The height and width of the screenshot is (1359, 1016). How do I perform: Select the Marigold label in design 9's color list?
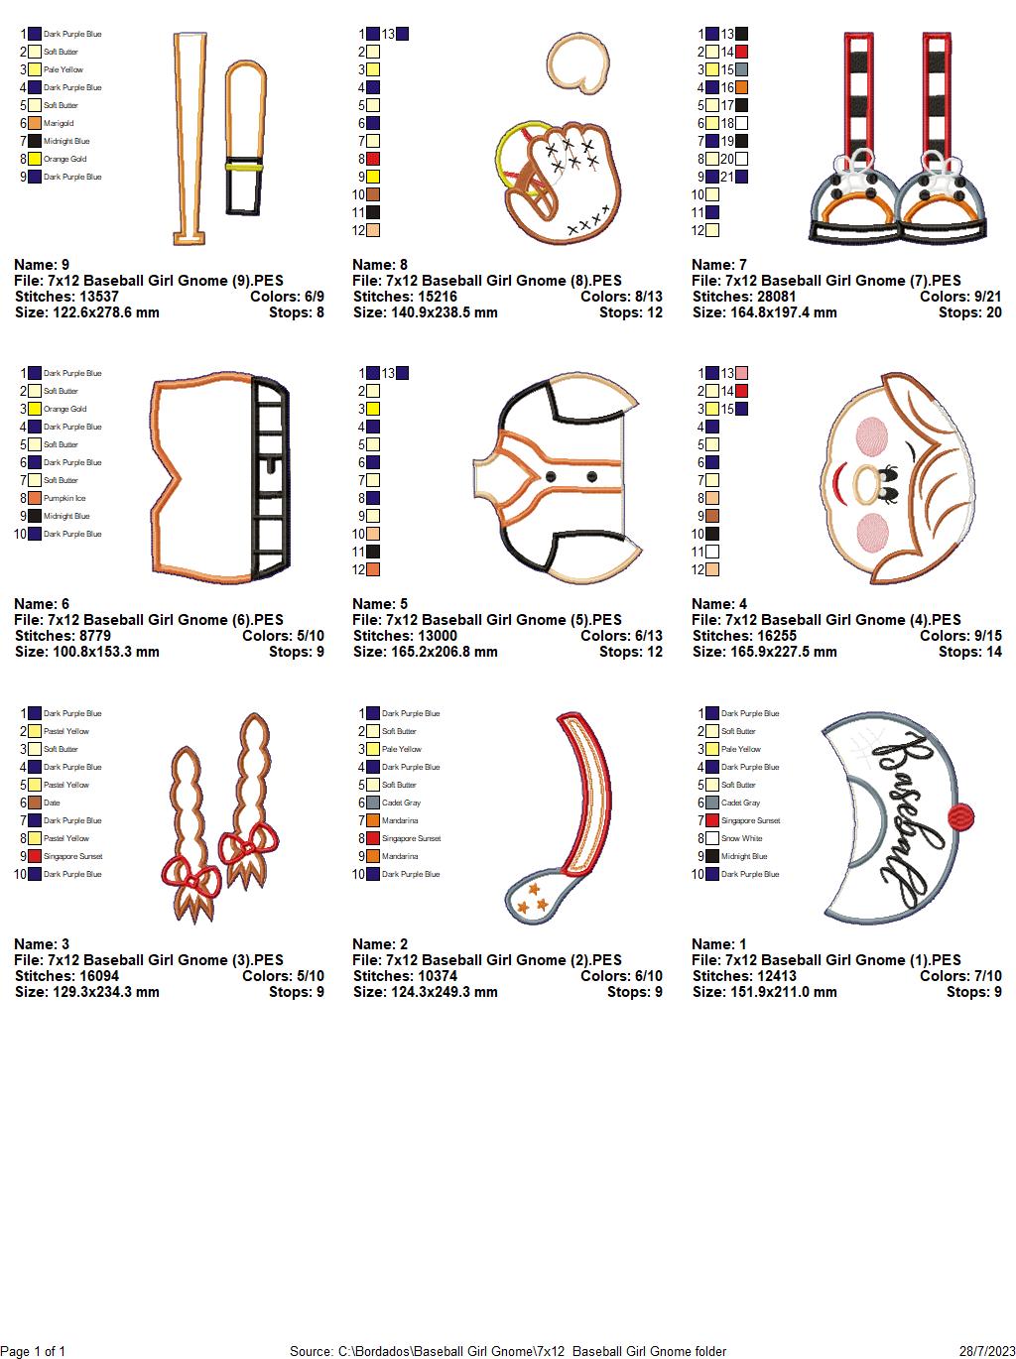(x=59, y=123)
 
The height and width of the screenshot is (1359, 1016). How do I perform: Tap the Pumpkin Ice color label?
(x=64, y=498)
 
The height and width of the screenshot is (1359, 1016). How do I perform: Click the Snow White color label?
(x=742, y=838)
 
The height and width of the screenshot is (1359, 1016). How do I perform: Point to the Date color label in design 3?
(x=52, y=803)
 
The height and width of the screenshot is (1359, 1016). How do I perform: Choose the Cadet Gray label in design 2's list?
(x=401, y=803)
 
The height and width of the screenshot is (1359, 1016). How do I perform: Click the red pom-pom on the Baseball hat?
(x=960, y=816)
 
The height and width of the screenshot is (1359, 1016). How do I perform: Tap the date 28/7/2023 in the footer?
(x=987, y=1351)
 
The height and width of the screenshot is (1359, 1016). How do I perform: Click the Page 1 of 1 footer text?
(x=33, y=1351)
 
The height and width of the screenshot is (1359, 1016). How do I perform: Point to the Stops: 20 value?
(x=969, y=312)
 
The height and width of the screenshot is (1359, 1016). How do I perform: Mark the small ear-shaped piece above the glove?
(x=578, y=63)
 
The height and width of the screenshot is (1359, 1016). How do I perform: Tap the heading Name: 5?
(x=380, y=604)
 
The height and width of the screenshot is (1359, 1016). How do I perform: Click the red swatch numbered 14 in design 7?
(x=741, y=52)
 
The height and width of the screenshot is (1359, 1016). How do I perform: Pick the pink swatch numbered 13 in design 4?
(x=741, y=373)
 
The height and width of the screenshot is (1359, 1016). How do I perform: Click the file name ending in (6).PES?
(x=149, y=620)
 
